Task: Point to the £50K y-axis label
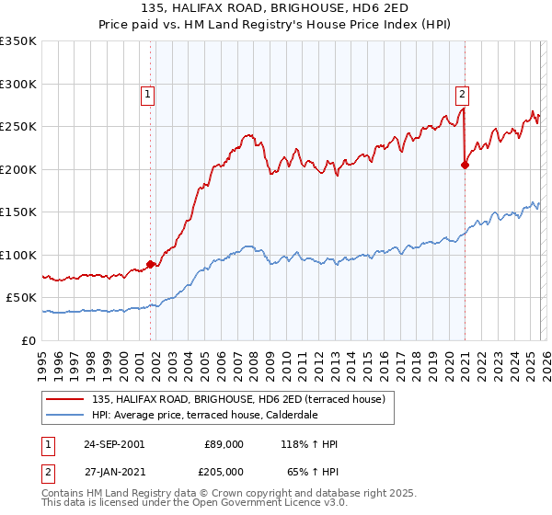[21, 298]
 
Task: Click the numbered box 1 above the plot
[148, 93]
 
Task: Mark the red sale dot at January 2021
[465, 166]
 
